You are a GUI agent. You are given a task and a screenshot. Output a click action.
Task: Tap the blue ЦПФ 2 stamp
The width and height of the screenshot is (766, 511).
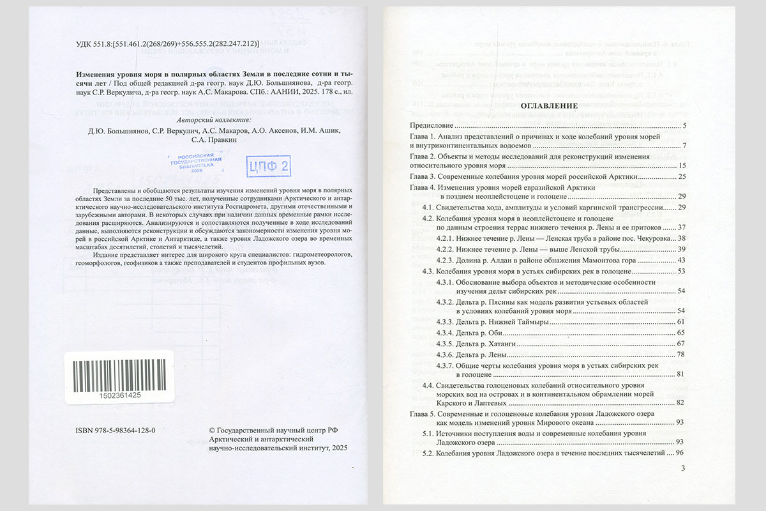coord(268,167)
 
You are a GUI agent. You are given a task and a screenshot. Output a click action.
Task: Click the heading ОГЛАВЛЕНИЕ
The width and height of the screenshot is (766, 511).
coord(550,105)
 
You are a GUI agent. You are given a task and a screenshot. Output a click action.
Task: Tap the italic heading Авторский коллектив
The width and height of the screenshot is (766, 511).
coord(213,119)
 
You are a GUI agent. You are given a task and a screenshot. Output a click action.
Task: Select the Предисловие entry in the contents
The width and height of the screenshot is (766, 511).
coord(431,125)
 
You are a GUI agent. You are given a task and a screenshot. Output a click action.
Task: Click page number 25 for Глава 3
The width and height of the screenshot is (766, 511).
coord(681,176)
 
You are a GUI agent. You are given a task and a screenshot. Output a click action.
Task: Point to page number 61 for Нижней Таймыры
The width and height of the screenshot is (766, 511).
coord(681,321)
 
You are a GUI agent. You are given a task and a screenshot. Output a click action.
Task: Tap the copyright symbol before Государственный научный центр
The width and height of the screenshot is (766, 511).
coord(213,431)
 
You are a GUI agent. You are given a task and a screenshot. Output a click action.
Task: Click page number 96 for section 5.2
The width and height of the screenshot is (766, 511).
coord(680,453)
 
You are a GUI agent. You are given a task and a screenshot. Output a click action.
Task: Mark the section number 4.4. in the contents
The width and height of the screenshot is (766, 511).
coord(428,386)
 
